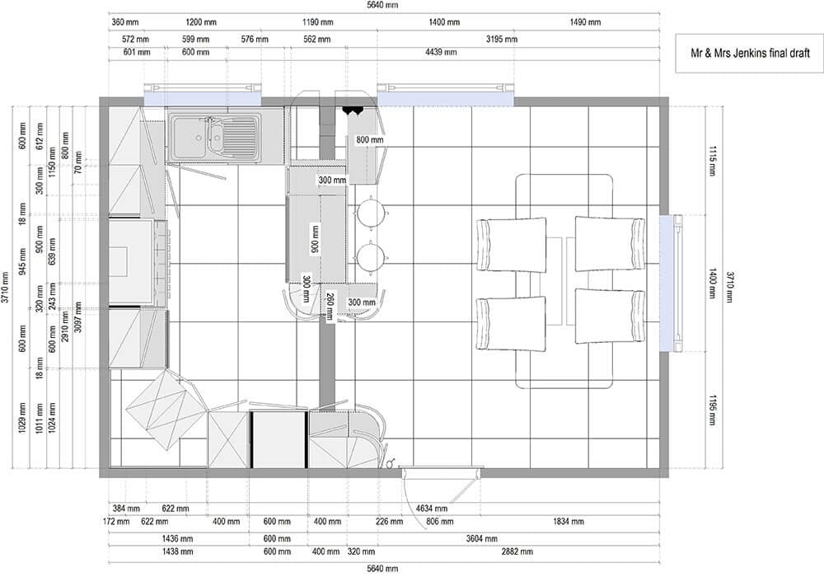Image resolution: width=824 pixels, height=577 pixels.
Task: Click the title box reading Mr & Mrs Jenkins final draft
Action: [749, 53]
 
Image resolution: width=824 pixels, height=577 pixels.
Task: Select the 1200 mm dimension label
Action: [201, 22]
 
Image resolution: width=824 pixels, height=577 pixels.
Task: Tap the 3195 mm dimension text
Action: [501, 39]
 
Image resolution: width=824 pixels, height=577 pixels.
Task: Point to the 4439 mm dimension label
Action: [441, 52]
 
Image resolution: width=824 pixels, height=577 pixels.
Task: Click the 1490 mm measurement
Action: [585, 22]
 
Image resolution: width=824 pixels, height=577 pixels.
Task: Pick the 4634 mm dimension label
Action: [432, 508]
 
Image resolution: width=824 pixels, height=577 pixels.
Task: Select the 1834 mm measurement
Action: [568, 521]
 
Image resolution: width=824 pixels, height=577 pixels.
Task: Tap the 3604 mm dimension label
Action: [481, 538]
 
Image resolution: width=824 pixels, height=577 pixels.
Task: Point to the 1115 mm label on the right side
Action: [713, 161]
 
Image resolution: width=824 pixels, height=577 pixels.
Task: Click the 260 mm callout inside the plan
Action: [330, 307]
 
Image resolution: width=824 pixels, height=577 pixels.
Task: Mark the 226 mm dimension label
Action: [390, 521]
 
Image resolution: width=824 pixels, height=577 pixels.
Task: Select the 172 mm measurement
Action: [116, 521]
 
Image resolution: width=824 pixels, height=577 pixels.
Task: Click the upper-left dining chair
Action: [511, 244]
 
